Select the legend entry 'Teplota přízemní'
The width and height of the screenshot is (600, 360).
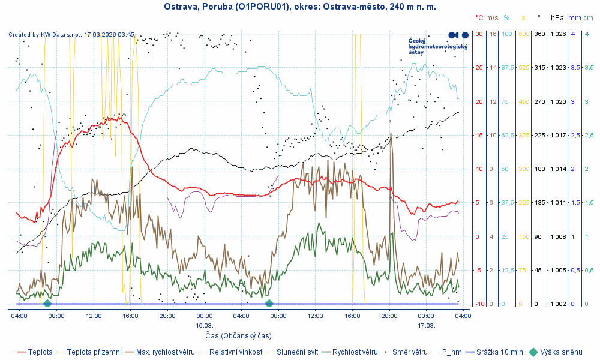point(95,352)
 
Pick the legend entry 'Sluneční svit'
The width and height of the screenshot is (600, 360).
point(294,352)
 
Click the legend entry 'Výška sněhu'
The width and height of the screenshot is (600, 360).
point(561,352)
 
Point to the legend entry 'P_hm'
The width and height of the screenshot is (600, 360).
point(453,352)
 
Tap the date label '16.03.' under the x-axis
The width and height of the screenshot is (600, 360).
point(204,325)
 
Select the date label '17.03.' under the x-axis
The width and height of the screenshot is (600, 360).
point(426,325)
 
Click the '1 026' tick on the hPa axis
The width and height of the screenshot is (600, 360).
point(558,34)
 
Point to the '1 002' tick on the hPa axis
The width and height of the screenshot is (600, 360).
point(558,304)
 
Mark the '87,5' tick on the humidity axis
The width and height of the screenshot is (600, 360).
point(508,68)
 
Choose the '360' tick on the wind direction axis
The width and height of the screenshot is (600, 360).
point(539,34)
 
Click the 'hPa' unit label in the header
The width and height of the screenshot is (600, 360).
point(557,19)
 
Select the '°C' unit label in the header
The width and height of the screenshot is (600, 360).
point(479,19)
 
